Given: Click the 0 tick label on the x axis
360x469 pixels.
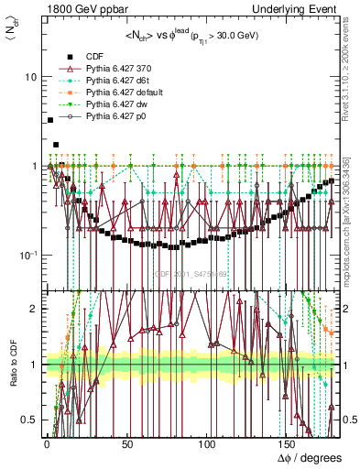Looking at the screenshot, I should click(x=47, y=443).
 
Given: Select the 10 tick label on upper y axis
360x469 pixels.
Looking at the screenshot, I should click(x=31, y=77).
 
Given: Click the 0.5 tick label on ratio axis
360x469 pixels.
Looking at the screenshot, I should click(x=30, y=420).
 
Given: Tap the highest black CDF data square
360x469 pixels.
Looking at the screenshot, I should click(x=49, y=120).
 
